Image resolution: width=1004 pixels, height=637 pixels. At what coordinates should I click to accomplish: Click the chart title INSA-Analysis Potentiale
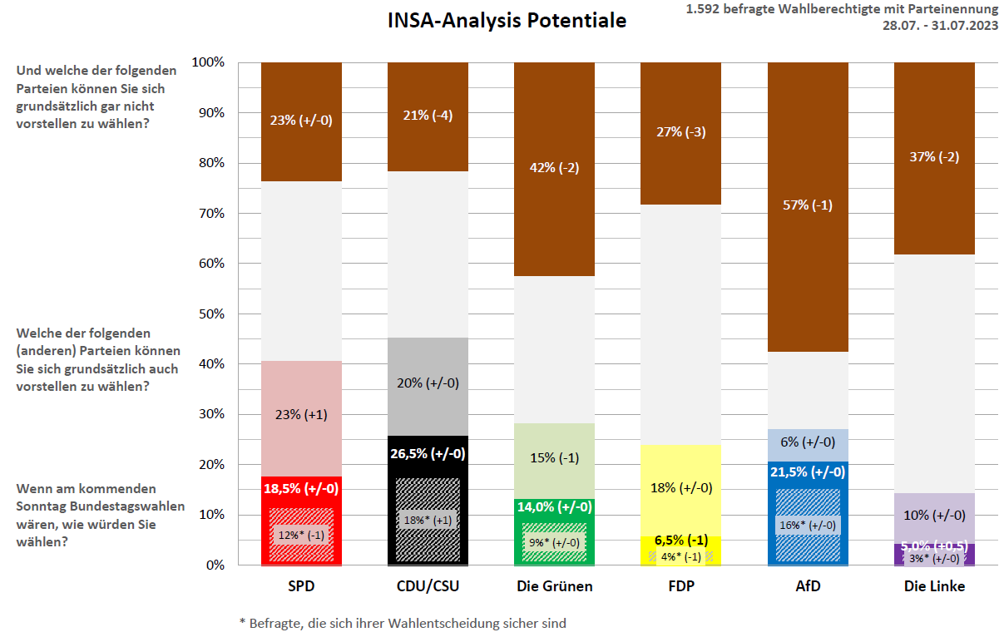(x=507, y=21)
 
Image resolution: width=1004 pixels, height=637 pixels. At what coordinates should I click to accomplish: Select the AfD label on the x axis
(x=807, y=586)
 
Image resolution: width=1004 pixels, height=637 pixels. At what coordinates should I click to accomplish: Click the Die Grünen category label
(x=555, y=586)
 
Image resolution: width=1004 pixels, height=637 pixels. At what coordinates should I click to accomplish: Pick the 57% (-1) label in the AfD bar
(x=807, y=205)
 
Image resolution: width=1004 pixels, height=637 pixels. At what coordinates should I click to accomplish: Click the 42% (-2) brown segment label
(x=555, y=167)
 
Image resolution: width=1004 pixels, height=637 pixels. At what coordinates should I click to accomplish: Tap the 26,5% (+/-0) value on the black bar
(x=428, y=454)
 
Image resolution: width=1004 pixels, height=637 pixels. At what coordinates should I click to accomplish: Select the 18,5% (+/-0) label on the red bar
(x=301, y=489)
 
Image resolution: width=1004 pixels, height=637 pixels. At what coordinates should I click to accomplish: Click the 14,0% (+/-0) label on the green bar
(x=555, y=506)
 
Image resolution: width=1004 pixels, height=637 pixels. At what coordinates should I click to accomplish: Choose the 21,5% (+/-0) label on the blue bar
(x=807, y=472)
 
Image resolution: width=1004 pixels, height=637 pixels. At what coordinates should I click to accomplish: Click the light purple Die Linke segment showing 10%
(x=934, y=516)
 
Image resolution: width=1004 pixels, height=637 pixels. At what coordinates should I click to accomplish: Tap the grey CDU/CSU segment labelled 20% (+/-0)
(x=428, y=383)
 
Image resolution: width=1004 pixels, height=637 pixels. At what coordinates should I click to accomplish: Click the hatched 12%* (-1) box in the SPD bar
(x=301, y=535)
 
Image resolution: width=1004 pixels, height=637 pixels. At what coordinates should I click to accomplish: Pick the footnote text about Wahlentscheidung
(x=403, y=622)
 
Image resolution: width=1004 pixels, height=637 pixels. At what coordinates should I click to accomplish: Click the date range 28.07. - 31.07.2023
(x=940, y=25)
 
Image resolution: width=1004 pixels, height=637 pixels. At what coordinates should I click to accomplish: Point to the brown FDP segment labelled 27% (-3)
(x=681, y=132)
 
